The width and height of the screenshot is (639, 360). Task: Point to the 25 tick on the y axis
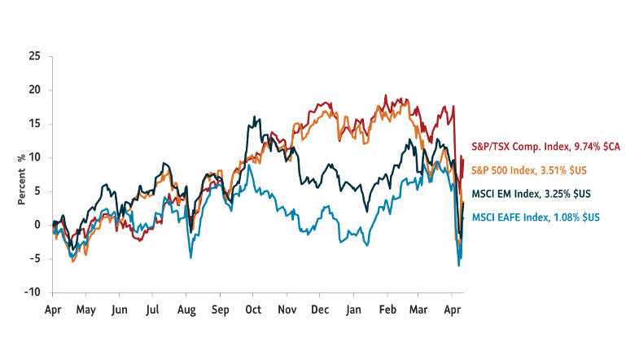pyautogui.click(x=33, y=56)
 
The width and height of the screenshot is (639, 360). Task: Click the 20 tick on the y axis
pyautogui.click(x=33, y=90)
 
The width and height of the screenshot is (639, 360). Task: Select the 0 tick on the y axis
pyautogui.click(x=37, y=225)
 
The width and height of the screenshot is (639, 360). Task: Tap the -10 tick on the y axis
pyautogui.click(x=32, y=292)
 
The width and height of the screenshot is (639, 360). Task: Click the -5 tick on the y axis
pyautogui.click(x=34, y=259)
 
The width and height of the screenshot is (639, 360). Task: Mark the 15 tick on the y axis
pyautogui.click(x=33, y=124)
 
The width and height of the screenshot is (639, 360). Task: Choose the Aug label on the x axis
pyautogui.click(x=186, y=310)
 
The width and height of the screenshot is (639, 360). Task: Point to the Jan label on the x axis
pyautogui.click(x=353, y=310)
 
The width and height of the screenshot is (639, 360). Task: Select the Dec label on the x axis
pyautogui.click(x=319, y=310)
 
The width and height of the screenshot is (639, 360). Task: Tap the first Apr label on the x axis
pyautogui.click(x=53, y=310)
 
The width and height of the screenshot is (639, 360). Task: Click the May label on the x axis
pyautogui.click(x=85, y=310)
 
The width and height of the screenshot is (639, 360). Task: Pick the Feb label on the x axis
pyautogui.click(x=387, y=310)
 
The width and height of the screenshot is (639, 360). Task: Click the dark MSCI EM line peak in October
pyautogui.click(x=256, y=117)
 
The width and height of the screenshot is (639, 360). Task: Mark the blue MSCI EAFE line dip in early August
pyautogui.click(x=190, y=257)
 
